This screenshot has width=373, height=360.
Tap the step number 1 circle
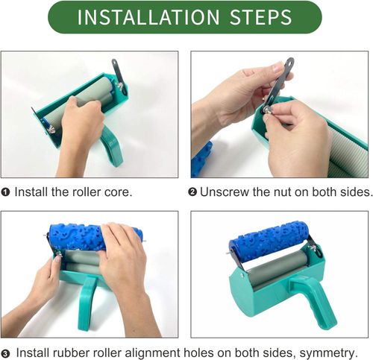(x=6, y=192)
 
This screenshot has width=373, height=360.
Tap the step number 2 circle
(x=192, y=192)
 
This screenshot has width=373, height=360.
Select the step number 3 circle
(x=6, y=353)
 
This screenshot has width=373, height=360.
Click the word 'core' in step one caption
(x=119, y=192)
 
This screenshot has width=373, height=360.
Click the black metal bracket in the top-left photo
(x=116, y=72)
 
